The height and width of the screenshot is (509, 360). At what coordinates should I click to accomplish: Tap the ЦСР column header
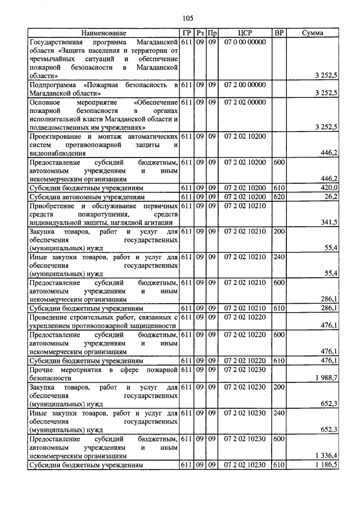[x=244, y=33]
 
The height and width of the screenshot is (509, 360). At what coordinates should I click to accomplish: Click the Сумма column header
[x=312, y=33]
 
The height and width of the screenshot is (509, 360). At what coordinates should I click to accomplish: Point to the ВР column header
[x=278, y=33]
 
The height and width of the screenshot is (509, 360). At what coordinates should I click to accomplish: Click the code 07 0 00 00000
[x=244, y=42]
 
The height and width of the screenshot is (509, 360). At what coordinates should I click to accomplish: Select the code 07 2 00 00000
[x=244, y=84]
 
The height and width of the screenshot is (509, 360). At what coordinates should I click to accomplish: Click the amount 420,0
[x=328, y=187]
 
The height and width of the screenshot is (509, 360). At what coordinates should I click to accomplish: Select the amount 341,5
[x=328, y=223]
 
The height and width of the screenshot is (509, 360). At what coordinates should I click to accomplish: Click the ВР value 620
[x=278, y=196]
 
